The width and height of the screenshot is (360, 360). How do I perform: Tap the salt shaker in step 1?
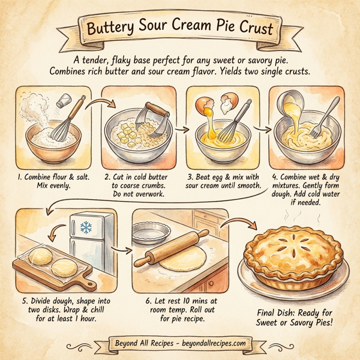[x=62, y=103]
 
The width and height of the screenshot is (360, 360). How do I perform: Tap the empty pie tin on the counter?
[x=146, y=234]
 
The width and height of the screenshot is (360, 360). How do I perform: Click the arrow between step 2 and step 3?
[x=181, y=128]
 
